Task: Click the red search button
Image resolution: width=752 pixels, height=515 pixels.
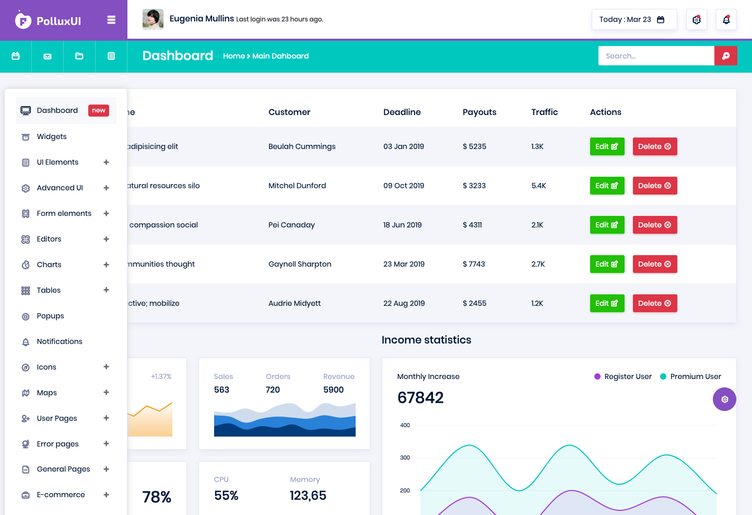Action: coord(725,56)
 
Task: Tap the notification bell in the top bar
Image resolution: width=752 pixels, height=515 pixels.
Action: coord(726,19)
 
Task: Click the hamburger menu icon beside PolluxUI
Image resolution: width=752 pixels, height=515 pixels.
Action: coord(111,20)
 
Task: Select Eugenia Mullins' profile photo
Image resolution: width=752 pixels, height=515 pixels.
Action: coord(152,19)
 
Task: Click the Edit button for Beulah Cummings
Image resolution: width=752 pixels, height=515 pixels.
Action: coord(607,146)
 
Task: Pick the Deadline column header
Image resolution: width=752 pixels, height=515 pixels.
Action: coord(402,112)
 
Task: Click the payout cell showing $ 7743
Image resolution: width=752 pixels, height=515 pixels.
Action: coord(474,264)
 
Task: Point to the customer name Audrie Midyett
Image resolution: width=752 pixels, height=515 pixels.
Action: coord(295,303)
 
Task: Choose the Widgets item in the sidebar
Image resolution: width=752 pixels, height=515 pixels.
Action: coord(52,136)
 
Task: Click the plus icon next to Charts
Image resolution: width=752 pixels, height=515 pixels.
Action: coord(106,265)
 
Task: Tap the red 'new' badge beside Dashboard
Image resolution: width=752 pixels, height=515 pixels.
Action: coord(98,110)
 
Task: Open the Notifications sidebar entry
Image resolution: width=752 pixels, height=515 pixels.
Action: coord(60,341)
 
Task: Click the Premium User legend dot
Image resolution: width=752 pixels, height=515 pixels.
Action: coord(663,376)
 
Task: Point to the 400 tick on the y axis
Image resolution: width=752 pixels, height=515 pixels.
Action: coord(405,425)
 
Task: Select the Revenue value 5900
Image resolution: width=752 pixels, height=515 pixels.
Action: coord(333,390)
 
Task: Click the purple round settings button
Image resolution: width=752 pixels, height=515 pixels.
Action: coord(724,399)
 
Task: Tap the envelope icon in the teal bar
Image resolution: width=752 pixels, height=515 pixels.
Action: coord(48,56)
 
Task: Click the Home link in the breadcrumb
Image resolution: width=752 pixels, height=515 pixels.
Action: coord(234,56)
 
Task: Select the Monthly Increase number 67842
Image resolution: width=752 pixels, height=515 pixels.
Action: coord(420,398)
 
